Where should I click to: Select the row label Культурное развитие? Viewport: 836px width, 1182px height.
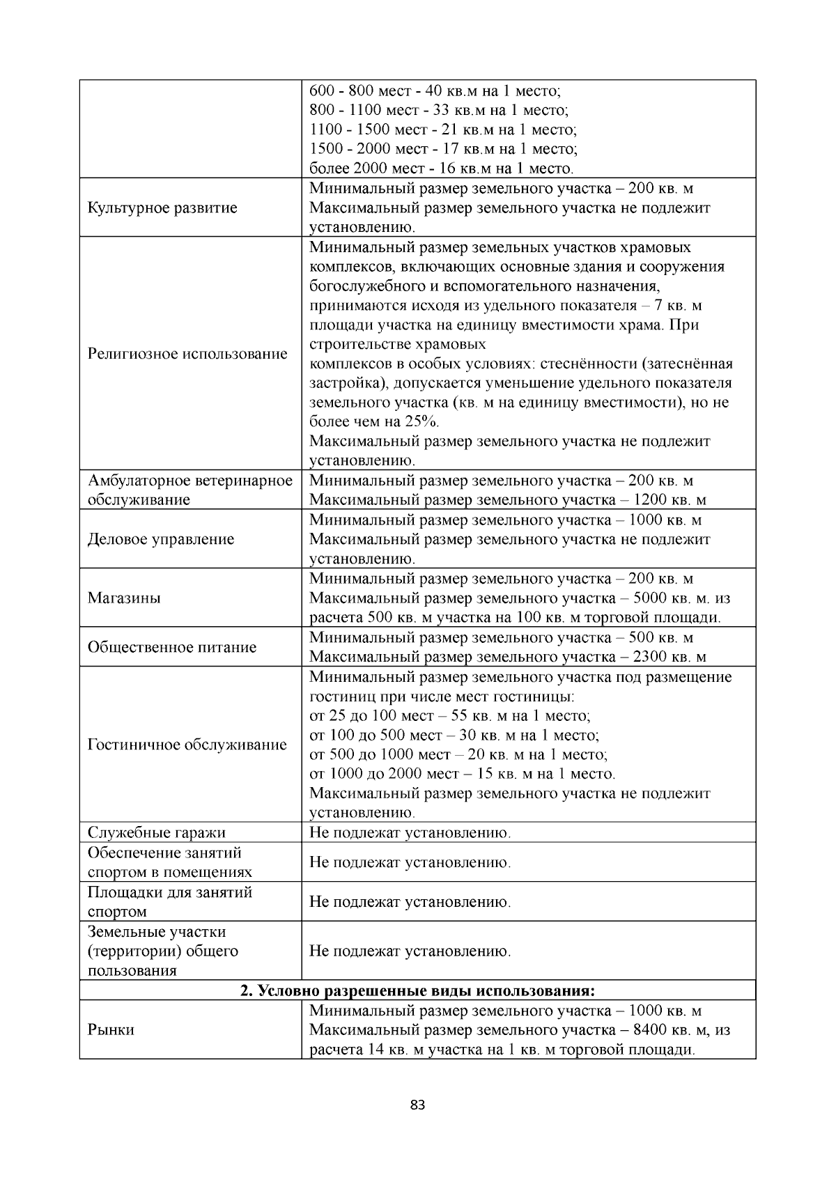point(162,208)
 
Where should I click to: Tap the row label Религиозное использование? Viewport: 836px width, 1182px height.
point(187,354)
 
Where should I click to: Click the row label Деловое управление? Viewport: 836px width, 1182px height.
point(160,539)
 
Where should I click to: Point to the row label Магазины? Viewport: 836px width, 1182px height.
point(124,598)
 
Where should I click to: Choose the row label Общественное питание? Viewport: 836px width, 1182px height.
point(171,647)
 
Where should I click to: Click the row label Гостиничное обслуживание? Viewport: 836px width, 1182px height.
point(187,745)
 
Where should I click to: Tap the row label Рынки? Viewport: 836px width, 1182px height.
point(111,1029)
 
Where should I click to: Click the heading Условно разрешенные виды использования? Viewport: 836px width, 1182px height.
point(417,990)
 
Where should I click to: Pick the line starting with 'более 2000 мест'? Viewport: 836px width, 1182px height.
point(442,169)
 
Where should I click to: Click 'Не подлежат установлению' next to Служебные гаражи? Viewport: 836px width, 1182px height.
point(410,832)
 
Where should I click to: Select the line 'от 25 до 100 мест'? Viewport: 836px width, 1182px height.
point(450,716)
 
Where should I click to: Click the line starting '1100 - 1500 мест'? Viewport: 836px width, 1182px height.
point(443,130)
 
